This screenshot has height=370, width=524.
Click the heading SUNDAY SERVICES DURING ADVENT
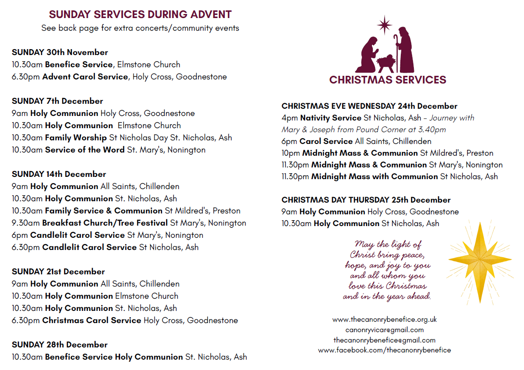[x=140, y=14]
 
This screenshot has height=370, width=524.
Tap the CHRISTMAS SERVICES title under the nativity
[x=388, y=80]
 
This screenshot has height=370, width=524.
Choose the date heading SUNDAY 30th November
[x=60, y=52]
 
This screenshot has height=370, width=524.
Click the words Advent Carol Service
[x=85, y=77]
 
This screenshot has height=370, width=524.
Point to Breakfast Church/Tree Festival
[x=105, y=223]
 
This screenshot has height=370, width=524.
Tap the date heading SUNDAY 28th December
[x=60, y=345]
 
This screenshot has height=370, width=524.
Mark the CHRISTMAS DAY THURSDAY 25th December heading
[x=366, y=200]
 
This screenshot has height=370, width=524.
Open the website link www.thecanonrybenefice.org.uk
[x=385, y=319]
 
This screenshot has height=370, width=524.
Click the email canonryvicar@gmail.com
[x=385, y=330]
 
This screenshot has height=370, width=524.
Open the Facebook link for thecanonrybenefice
[x=385, y=350]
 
